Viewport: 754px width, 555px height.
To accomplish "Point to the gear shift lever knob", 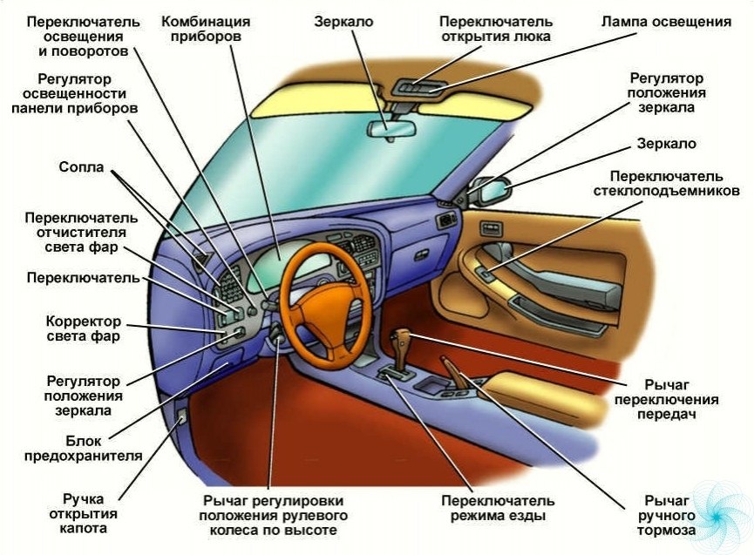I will coord(402,337).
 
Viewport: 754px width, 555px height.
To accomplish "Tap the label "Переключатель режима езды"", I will coord(498,508).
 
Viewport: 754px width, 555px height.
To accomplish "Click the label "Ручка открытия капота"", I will coord(84,513).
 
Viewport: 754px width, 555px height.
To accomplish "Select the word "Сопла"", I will coord(82,166).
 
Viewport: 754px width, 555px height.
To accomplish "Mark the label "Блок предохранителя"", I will coord(104,447).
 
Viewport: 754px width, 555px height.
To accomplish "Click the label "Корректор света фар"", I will coord(84,328).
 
